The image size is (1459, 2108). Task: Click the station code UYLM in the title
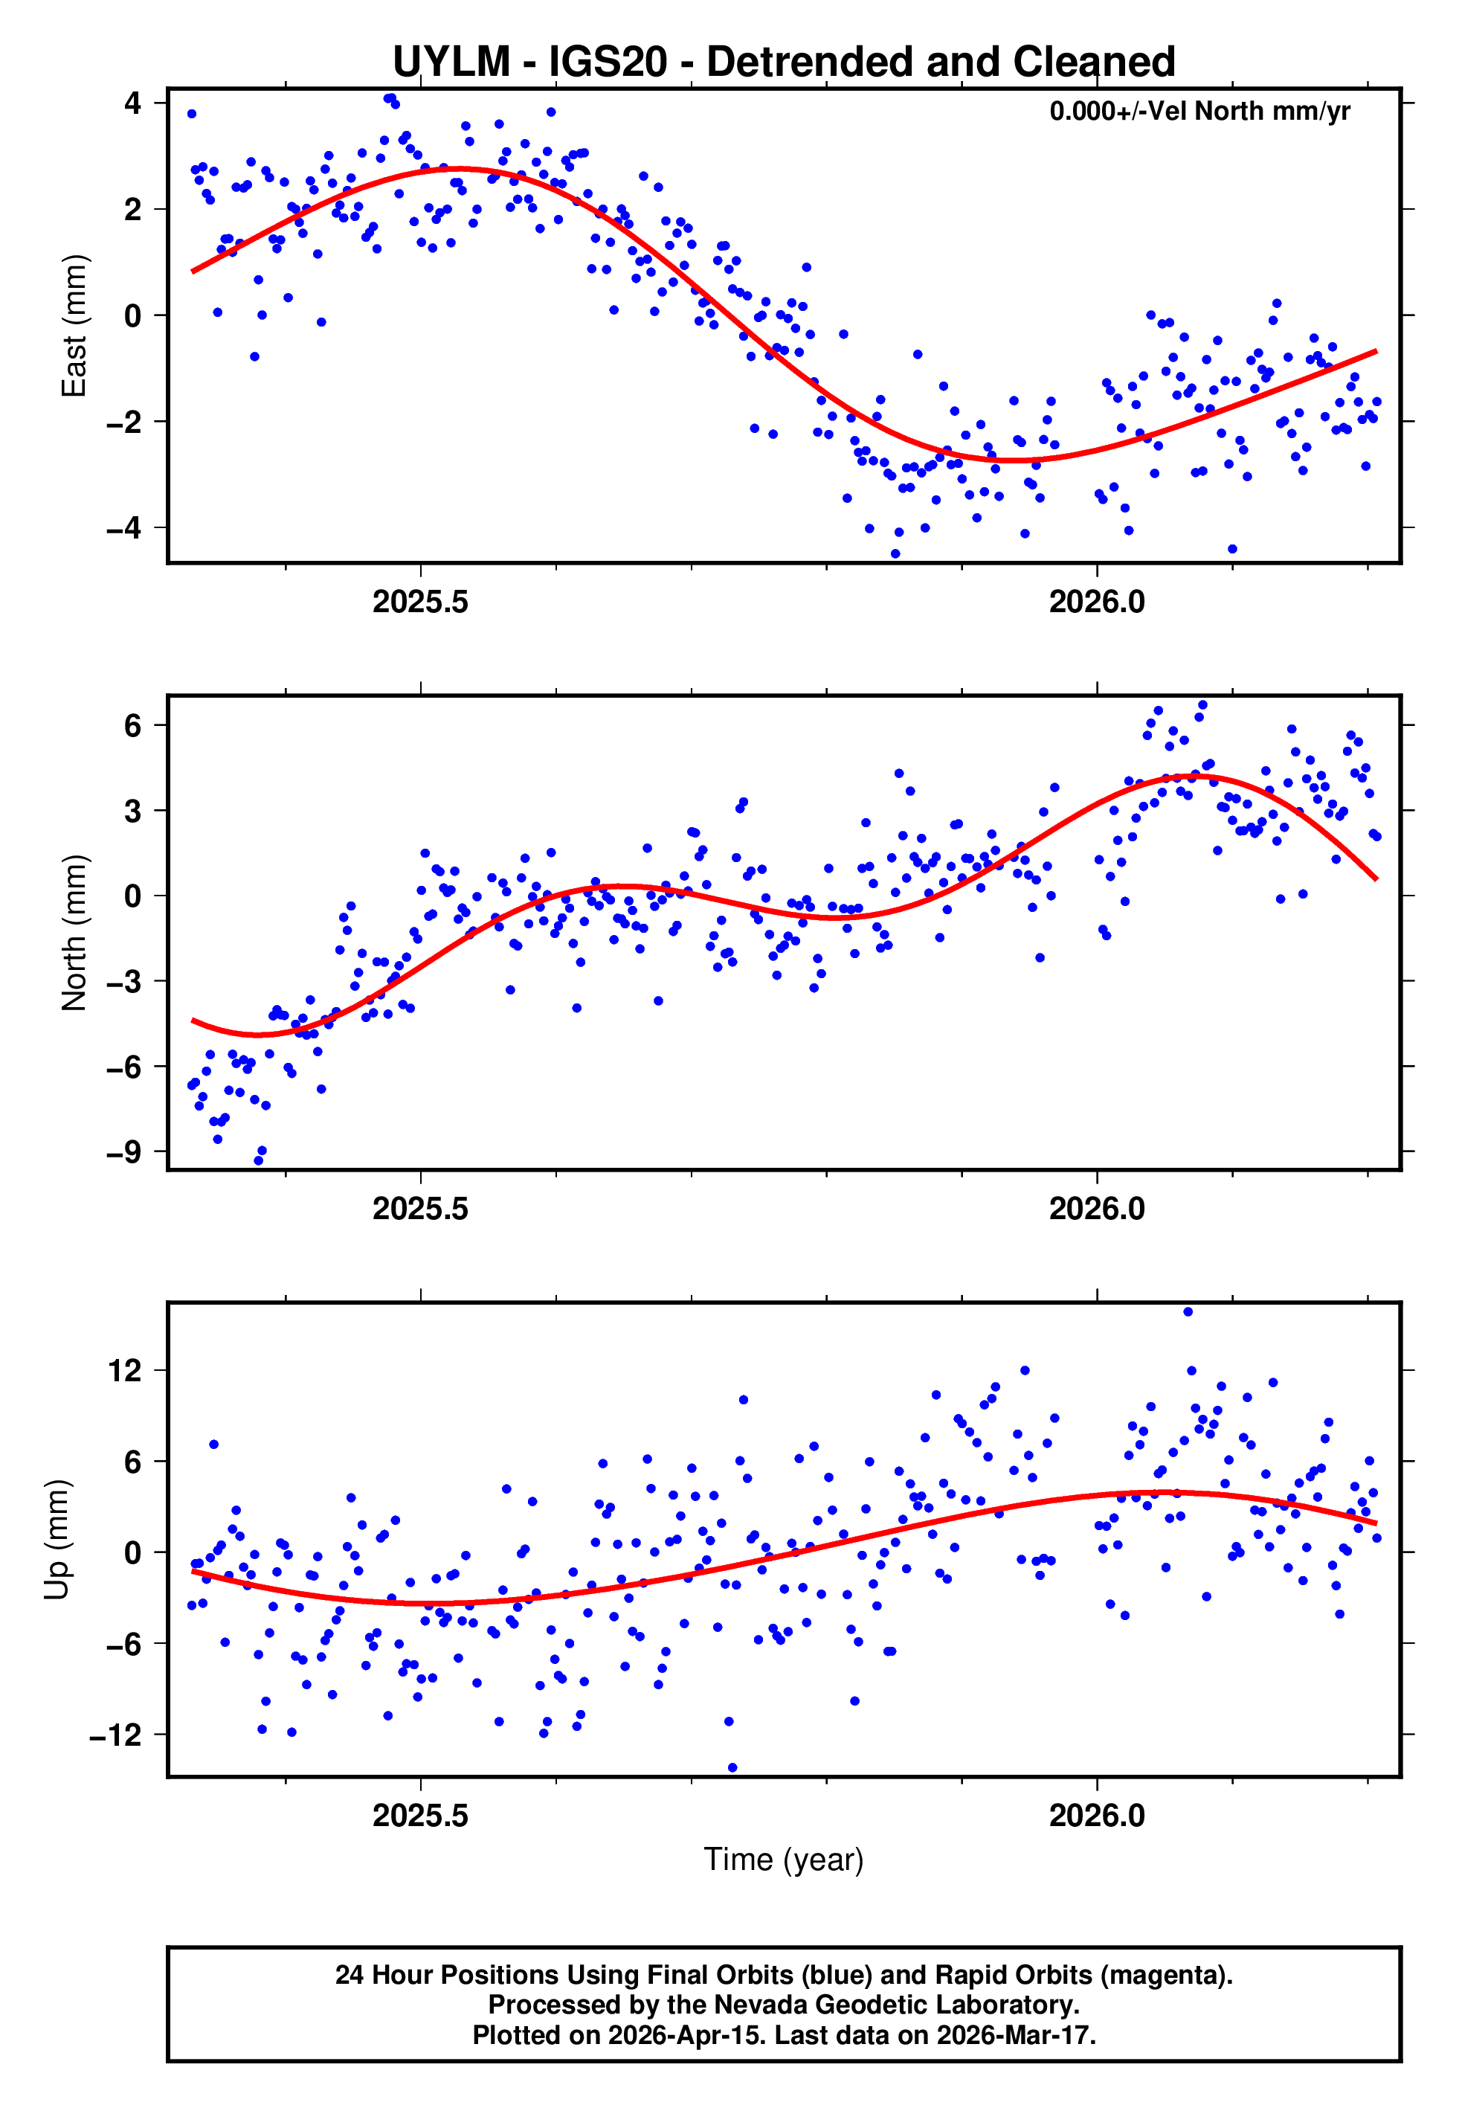(x=451, y=62)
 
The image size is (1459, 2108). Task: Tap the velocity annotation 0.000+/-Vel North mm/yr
(x=1199, y=112)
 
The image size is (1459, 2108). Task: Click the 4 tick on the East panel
(x=133, y=103)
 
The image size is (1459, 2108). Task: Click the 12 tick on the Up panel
(x=124, y=1370)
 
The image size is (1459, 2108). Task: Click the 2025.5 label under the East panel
(x=419, y=602)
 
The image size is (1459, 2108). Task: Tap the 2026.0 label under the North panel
(x=1096, y=1209)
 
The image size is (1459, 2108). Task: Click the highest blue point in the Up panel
(x=1188, y=1312)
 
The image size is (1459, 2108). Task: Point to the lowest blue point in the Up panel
(x=732, y=1768)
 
